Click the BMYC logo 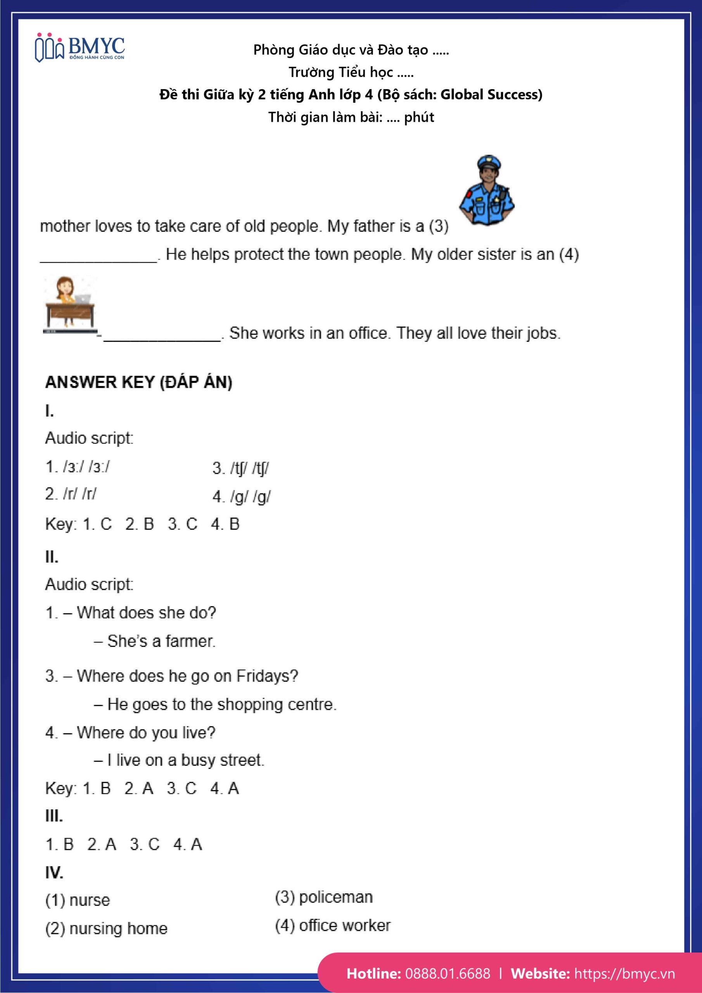pyautogui.click(x=80, y=48)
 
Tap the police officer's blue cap pyautogui.click(x=489, y=163)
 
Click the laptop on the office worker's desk pyautogui.click(x=83, y=298)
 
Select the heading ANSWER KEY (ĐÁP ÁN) pyautogui.click(x=139, y=382)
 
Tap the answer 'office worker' pyautogui.click(x=345, y=925)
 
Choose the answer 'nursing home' pyautogui.click(x=118, y=928)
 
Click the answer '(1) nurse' pyautogui.click(x=78, y=900)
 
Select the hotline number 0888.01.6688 pyautogui.click(x=448, y=973)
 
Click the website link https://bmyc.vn pyautogui.click(x=624, y=973)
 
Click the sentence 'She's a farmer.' pyautogui.click(x=161, y=641)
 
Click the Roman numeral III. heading pyautogui.click(x=54, y=816)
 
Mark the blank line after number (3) pyautogui.click(x=99, y=259)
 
